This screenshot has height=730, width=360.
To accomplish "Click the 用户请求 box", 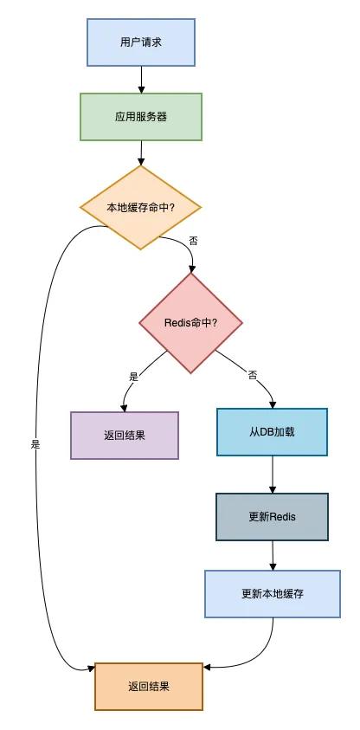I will (x=140, y=42).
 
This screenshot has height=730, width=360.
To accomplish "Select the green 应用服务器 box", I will (x=140, y=116).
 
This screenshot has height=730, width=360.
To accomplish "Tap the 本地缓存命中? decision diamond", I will (x=140, y=208).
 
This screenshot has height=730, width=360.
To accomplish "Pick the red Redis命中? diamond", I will (x=190, y=323).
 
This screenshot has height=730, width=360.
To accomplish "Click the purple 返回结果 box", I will (x=124, y=435).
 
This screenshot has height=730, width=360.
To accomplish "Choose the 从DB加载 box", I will (x=273, y=431).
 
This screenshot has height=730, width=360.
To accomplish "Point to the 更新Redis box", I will (x=273, y=516).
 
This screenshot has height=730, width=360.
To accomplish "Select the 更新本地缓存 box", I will (x=273, y=594).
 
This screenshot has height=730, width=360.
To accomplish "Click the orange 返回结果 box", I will (x=148, y=686).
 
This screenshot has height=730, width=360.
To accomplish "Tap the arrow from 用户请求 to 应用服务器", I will (x=140, y=80).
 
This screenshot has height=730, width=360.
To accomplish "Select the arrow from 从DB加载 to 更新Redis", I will (x=273, y=475).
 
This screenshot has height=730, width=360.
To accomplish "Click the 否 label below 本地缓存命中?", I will (x=193, y=241).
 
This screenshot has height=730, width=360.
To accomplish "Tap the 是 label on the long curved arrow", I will (x=35, y=444).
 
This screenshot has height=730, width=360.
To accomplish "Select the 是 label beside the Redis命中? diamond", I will (x=134, y=376).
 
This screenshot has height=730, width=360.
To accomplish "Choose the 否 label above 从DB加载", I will (x=253, y=375).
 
